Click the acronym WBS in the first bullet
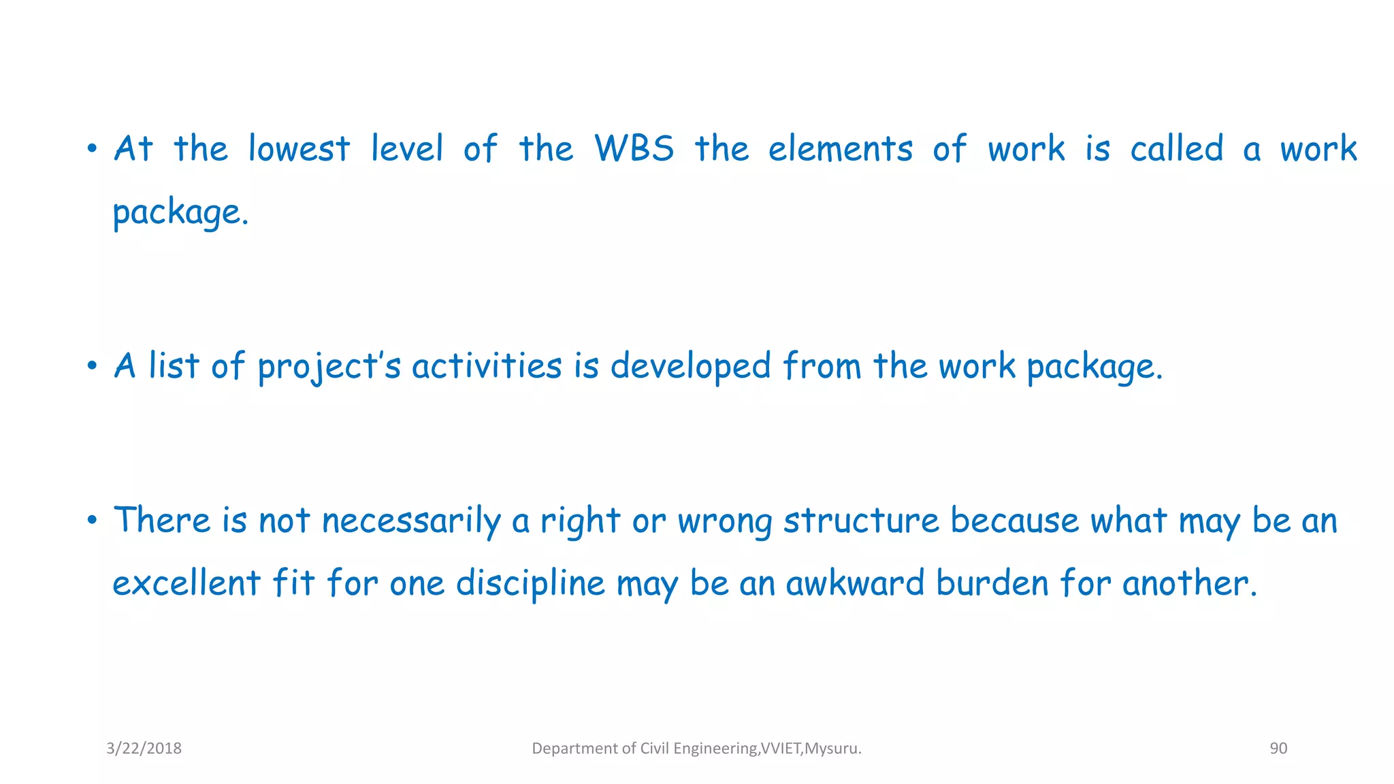click(x=634, y=148)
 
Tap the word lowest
click(x=299, y=148)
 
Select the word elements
click(x=840, y=148)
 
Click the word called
click(x=1176, y=148)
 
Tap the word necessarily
click(x=411, y=521)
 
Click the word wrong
click(x=724, y=521)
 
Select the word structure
click(x=861, y=521)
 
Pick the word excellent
click(x=187, y=583)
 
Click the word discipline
click(x=530, y=583)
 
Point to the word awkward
click(x=854, y=583)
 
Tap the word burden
click(x=992, y=583)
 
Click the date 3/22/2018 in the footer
click(x=144, y=748)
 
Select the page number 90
click(x=1278, y=748)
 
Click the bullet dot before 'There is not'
click(x=93, y=521)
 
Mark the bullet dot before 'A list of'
click(x=93, y=367)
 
